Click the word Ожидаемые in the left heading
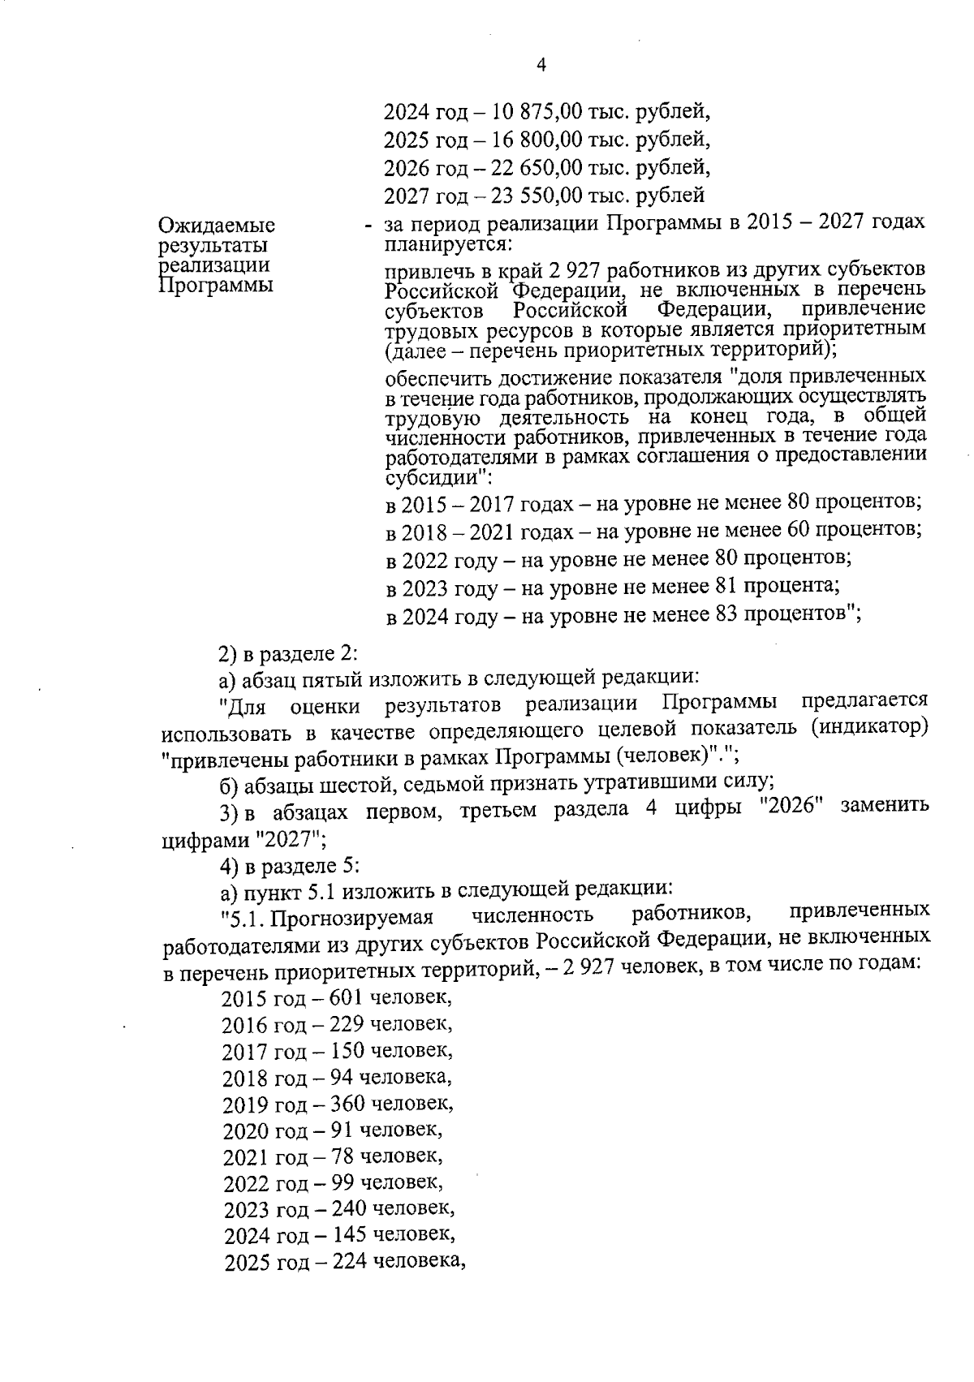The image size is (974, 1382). (217, 225)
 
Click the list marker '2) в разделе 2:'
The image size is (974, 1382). (288, 652)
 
